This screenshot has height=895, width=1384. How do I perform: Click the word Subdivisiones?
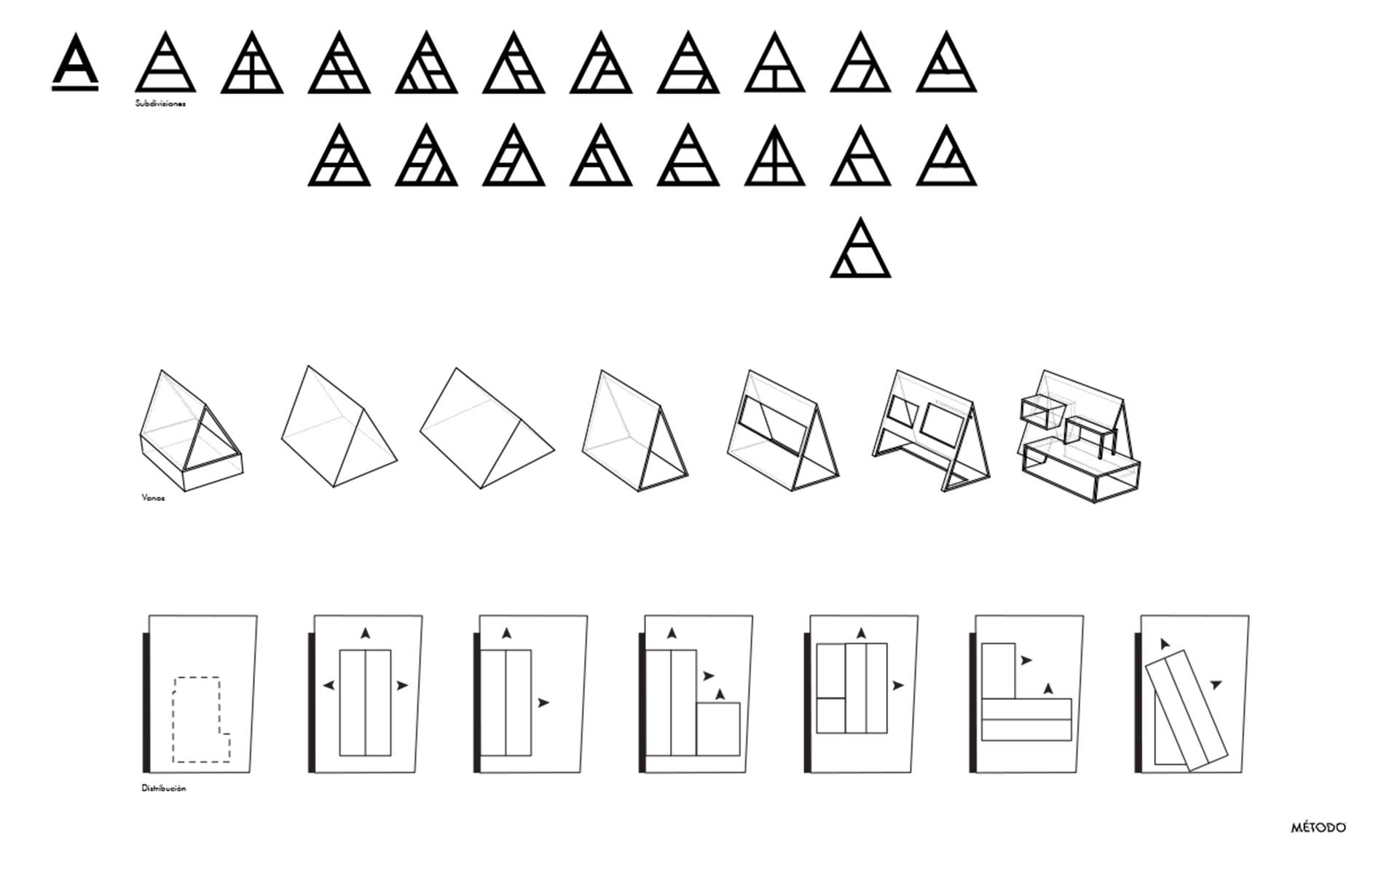click(160, 103)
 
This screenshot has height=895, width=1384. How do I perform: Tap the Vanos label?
click(153, 498)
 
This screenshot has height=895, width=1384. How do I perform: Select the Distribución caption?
click(164, 788)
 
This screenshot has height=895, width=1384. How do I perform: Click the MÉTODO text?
click(1318, 828)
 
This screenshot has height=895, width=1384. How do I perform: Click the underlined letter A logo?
click(75, 61)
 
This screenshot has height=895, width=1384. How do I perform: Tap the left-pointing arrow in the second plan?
click(329, 685)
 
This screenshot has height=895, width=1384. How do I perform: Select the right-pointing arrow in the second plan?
click(402, 685)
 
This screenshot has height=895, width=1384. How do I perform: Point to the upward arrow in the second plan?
click(365, 634)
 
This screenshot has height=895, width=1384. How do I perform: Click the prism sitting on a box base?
click(191, 430)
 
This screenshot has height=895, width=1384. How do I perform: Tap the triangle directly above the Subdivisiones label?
click(165, 62)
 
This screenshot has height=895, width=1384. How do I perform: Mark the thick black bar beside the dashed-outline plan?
click(146, 702)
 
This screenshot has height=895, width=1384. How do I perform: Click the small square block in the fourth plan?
click(718, 729)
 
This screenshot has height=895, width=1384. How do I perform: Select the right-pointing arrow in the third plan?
click(543, 703)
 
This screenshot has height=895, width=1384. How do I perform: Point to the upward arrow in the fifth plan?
click(861, 634)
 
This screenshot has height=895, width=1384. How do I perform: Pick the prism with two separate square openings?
click(932, 430)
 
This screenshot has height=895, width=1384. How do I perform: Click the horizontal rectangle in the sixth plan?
click(1026, 719)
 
